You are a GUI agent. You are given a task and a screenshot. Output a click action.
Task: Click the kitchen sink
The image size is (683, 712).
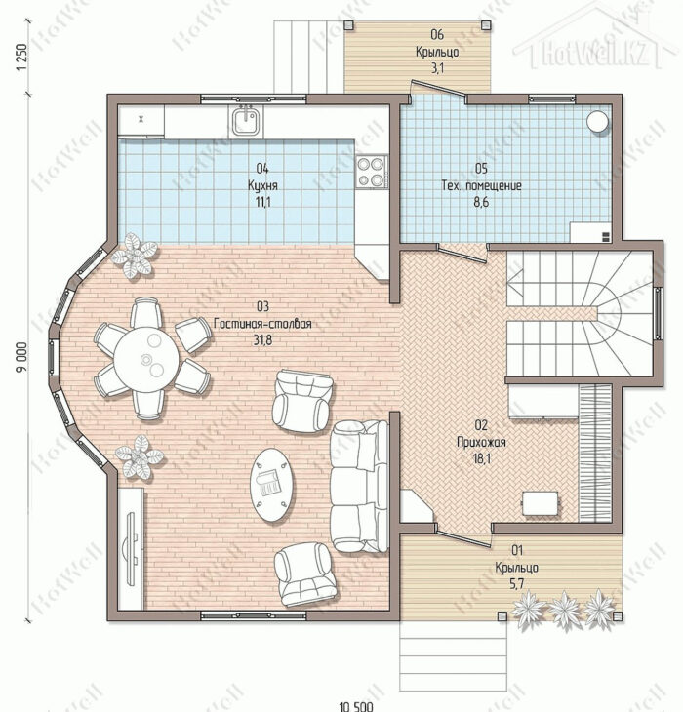[x=247, y=120]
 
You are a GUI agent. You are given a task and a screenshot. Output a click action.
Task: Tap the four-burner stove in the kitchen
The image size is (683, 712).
[x=372, y=172]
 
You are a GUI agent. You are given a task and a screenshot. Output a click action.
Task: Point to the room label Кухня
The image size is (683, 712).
[x=262, y=185]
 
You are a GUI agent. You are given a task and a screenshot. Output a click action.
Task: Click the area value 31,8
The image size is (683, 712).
[x=262, y=339]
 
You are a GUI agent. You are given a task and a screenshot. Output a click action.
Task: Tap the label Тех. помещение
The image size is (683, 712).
[x=481, y=185]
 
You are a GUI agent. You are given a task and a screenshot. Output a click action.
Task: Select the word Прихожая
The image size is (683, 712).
[x=481, y=442]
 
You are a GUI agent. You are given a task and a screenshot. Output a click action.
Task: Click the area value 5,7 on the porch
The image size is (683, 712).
[x=517, y=584]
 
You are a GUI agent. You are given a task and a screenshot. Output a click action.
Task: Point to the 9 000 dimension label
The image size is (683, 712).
[x=21, y=357]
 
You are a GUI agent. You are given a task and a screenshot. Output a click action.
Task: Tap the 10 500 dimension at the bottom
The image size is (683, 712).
[x=356, y=706]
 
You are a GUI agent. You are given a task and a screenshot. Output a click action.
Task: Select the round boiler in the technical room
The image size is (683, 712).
[x=597, y=122]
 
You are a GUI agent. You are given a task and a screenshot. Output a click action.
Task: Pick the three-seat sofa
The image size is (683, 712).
[x=360, y=487]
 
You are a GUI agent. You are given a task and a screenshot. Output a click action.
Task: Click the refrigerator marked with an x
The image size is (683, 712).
[x=141, y=120]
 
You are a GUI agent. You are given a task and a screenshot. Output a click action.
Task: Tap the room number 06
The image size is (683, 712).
[x=437, y=34]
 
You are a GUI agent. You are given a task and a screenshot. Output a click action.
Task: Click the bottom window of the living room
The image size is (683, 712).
[x=254, y=615]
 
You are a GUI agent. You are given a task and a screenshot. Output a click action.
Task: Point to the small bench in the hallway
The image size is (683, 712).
[x=541, y=503]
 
